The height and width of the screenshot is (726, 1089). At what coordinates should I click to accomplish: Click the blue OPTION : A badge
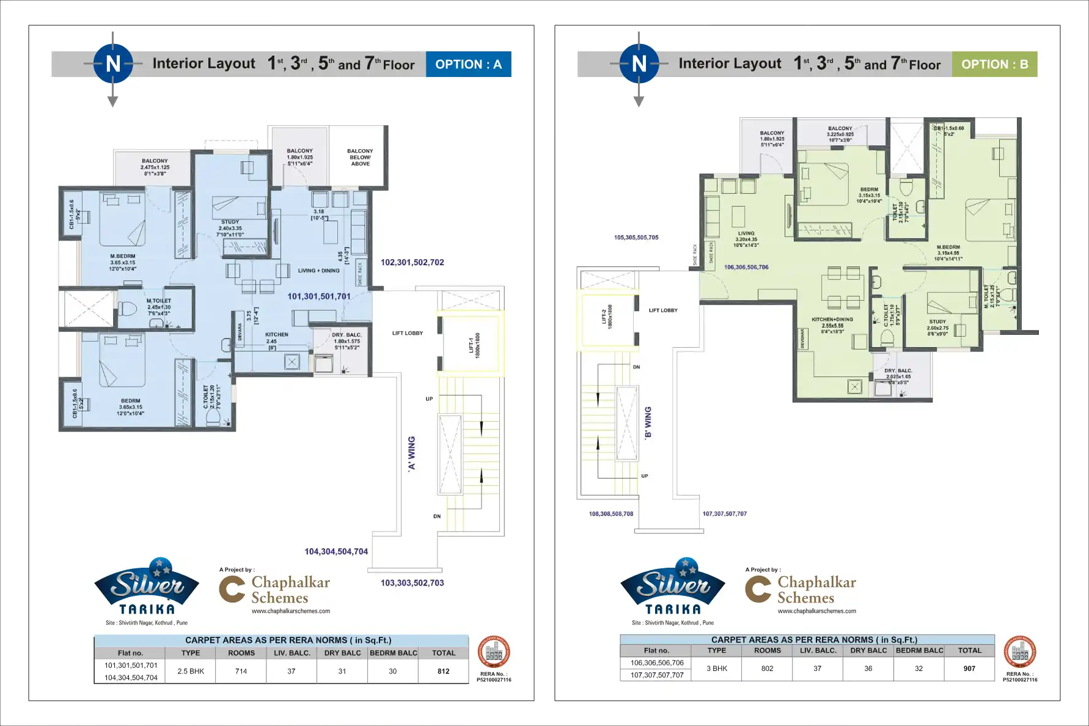pos(468,64)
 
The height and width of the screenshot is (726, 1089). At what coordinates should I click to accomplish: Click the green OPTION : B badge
pos(994,64)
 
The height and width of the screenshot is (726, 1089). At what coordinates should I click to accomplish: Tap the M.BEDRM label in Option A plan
pos(123,256)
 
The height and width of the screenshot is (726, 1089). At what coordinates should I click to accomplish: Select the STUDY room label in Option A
pos(230,222)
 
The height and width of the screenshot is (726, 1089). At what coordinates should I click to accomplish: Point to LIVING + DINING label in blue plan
pos(318,270)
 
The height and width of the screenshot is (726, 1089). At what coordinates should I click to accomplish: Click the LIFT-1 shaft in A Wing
pos(471,344)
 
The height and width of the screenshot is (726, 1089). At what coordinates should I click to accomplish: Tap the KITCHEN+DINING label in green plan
pos(832,319)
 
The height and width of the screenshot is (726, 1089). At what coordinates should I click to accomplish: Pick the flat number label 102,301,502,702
pos(412,262)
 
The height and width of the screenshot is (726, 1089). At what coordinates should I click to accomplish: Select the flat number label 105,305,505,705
pos(636,238)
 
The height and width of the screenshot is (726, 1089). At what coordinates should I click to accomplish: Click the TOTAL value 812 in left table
pos(443,671)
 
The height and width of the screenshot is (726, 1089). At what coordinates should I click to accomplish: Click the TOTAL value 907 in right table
pos(969,669)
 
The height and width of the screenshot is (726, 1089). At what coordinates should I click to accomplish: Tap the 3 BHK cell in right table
pos(717,669)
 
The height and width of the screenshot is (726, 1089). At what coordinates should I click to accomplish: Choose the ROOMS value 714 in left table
pos(241,671)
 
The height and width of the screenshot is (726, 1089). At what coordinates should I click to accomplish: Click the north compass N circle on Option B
pos(639,64)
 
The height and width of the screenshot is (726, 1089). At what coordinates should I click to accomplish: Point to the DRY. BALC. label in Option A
pos(346,335)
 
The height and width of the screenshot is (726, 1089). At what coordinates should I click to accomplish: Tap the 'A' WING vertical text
pos(411,453)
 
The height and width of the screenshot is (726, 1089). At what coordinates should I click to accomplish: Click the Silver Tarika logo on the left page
pos(147,587)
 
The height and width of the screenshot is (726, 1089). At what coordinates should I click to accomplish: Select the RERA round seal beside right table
pos(1019,653)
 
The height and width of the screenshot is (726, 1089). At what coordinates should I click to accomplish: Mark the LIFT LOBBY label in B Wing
pos(663,310)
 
